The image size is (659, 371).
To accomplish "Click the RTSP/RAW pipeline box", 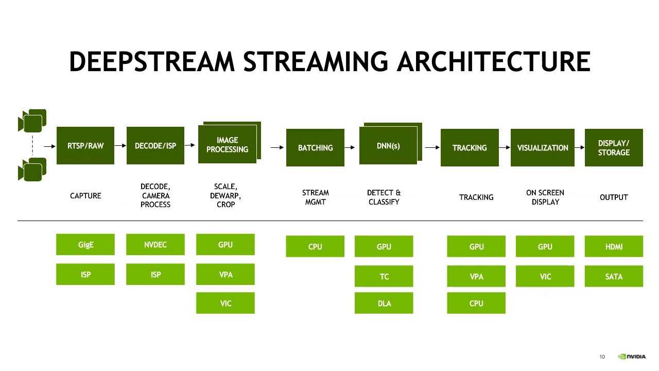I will pyautogui.click(x=85, y=146).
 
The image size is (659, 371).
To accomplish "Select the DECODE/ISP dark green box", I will pyautogui.click(x=155, y=146).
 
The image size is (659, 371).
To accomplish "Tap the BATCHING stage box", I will pyautogui.click(x=315, y=148).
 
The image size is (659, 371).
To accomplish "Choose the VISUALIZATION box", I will pyautogui.click(x=543, y=148).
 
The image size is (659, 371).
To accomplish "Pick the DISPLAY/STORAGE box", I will pyautogui.click(x=614, y=148).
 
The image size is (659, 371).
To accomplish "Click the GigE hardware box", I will pyautogui.click(x=85, y=245).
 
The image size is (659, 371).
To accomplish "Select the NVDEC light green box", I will pyautogui.click(x=155, y=245).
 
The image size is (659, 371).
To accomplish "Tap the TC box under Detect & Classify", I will pyautogui.click(x=384, y=277).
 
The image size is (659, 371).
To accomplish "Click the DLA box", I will pyautogui.click(x=384, y=303).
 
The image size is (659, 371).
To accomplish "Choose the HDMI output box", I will pyautogui.click(x=614, y=247).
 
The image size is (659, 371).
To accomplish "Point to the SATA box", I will pyautogui.click(x=614, y=277).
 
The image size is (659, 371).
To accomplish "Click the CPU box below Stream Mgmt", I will pyautogui.click(x=315, y=247).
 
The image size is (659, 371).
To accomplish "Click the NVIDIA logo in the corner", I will pyautogui.click(x=632, y=357).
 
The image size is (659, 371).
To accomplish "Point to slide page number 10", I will pyautogui.click(x=602, y=357).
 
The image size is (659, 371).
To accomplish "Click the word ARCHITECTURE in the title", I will pyautogui.click(x=493, y=62).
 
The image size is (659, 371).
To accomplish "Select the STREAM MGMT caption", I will pyautogui.click(x=315, y=197).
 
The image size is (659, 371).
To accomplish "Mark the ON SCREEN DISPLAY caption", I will pyautogui.click(x=545, y=197).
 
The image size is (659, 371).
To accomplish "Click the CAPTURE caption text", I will pyautogui.click(x=85, y=196).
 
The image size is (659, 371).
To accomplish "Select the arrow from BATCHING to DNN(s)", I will pyautogui.click(x=352, y=148).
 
